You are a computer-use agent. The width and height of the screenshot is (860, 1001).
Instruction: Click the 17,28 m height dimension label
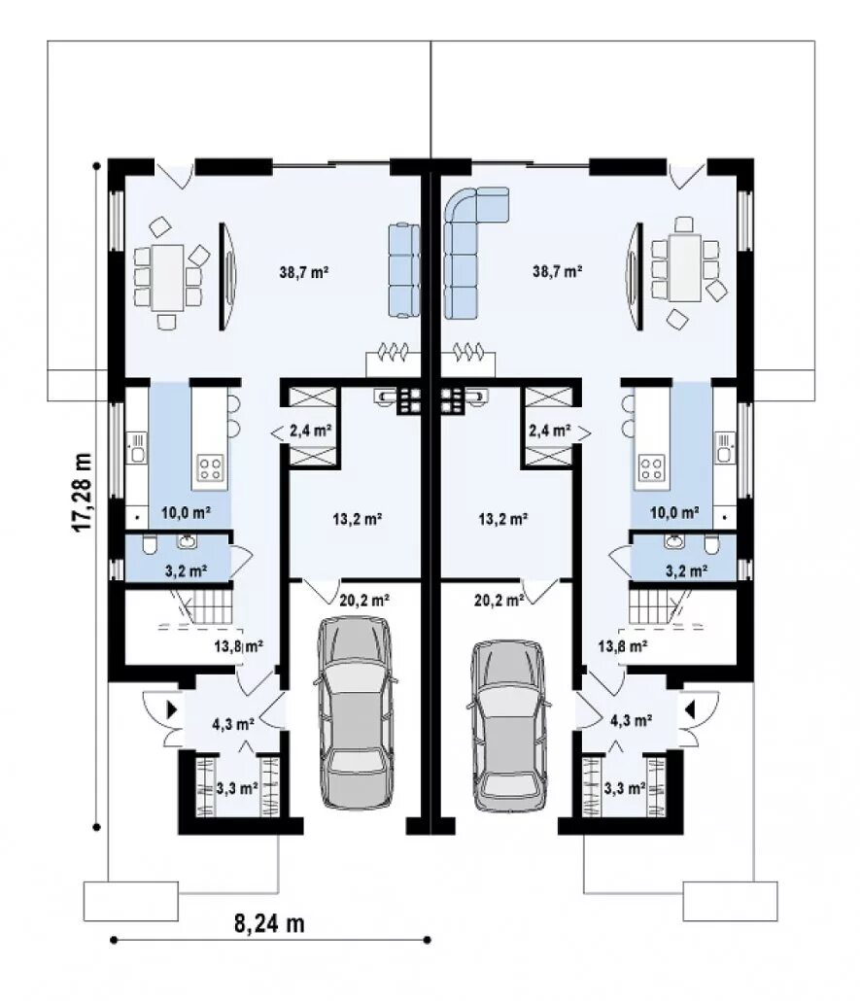[82, 492]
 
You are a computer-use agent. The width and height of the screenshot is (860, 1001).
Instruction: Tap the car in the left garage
[355, 712]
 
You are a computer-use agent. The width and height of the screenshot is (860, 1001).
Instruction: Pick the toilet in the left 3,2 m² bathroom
[150, 544]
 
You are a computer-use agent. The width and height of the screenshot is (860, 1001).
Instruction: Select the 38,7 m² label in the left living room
[304, 272]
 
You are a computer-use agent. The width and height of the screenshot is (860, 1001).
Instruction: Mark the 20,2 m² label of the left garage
[364, 600]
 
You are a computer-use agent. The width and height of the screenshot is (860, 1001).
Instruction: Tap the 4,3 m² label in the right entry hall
[631, 721]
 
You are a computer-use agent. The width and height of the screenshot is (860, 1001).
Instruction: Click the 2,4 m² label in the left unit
[310, 431]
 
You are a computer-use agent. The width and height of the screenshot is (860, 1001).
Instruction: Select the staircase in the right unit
[659, 606]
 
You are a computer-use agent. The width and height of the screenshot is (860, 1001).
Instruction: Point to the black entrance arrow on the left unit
[172, 709]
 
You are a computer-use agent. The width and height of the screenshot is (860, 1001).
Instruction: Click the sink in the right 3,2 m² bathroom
[672, 542]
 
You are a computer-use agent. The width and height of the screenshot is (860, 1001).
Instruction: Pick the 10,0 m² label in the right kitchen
[674, 512]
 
